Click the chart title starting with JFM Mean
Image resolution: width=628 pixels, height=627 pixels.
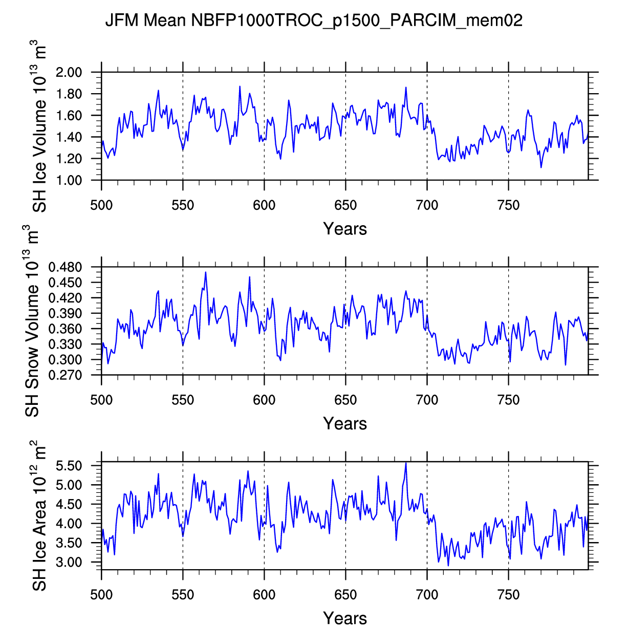(x=313, y=21)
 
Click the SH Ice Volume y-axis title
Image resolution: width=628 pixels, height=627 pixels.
(x=39, y=128)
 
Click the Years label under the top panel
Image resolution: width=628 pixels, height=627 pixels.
(x=345, y=229)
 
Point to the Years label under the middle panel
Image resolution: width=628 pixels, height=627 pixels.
(x=345, y=424)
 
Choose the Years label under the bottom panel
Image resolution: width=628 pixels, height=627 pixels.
(x=345, y=618)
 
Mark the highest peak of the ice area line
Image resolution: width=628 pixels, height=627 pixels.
(x=406, y=463)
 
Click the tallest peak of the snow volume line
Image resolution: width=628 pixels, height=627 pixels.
(x=206, y=272)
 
